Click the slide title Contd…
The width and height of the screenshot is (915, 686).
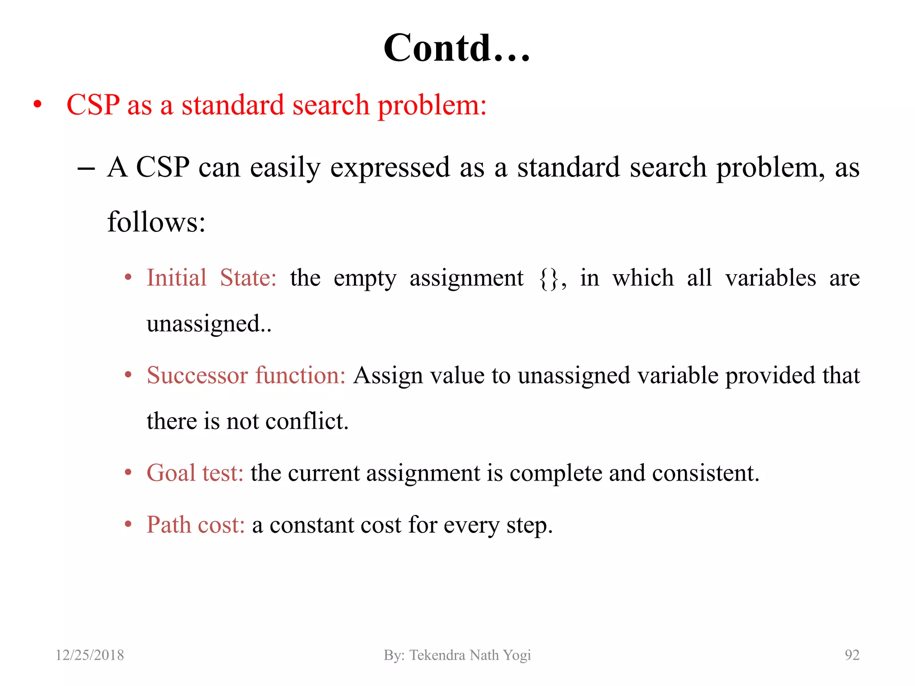(457, 48)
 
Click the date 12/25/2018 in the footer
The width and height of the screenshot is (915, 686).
(90, 655)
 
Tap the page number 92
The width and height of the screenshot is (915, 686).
(852, 655)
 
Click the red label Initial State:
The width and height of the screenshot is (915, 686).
(211, 278)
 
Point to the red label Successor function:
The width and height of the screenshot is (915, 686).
(246, 375)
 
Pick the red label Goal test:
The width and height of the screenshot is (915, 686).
(195, 473)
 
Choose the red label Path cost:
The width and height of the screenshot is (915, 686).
(196, 525)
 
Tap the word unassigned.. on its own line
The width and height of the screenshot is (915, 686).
(209, 324)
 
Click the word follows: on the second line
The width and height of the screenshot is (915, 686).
(156, 222)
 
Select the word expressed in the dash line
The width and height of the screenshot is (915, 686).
(390, 168)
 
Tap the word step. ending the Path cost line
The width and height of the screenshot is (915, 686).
(529, 526)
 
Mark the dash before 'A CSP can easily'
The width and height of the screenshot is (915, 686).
(86, 169)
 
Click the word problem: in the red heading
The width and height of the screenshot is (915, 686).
(432, 106)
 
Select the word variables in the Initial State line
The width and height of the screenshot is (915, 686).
(771, 278)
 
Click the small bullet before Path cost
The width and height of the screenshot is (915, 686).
(128, 524)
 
